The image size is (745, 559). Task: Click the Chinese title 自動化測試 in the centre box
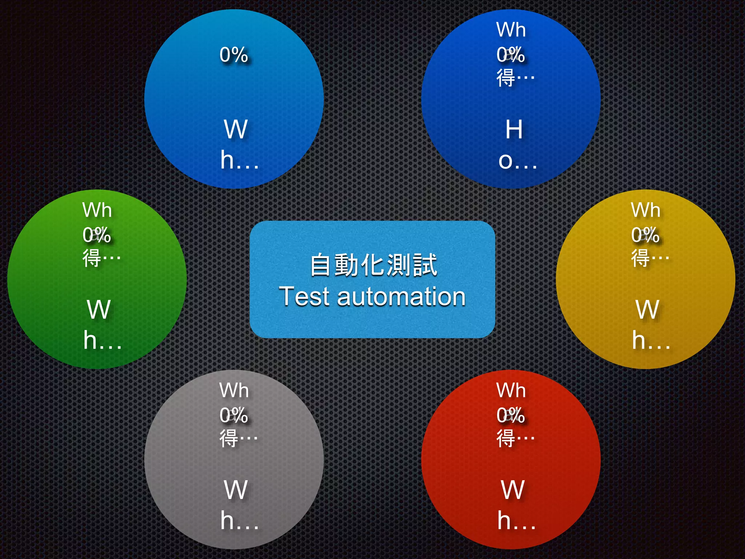[x=373, y=265]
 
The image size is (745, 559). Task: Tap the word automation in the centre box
[x=401, y=297]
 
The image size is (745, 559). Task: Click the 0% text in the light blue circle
[x=234, y=55]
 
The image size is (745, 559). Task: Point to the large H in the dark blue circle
[x=514, y=129]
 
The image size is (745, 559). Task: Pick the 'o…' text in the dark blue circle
[x=517, y=160]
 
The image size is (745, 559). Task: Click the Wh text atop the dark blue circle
[x=511, y=30]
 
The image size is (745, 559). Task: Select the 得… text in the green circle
[x=101, y=258]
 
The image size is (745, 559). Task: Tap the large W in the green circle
[x=99, y=310]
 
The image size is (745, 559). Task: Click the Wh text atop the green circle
[x=97, y=210]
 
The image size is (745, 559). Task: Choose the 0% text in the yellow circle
[x=645, y=235]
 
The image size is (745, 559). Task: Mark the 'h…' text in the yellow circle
[x=651, y=340]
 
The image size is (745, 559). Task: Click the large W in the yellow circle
[x=648, y=310]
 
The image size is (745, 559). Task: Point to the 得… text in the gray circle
[x=238, y=438]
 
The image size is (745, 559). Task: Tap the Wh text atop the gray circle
[x=234, y=390]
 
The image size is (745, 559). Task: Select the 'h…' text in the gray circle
[x=239, y=520]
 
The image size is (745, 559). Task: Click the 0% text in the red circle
[x=511, y=415]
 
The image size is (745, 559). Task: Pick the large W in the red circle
[x=513, y=490]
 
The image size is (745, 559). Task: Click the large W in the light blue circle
[x=236, y=129]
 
